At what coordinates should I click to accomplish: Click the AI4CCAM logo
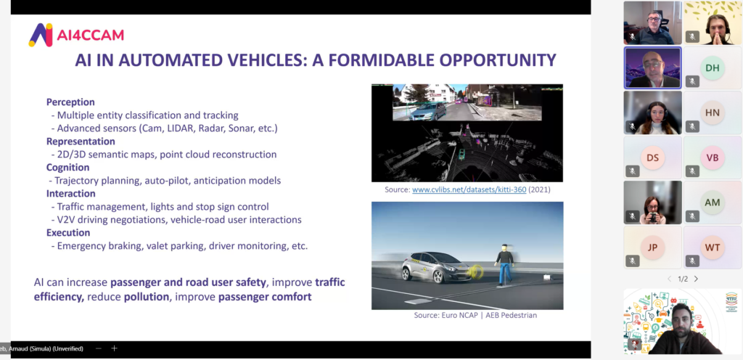point(75,35)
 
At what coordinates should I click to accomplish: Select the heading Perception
point(70,102)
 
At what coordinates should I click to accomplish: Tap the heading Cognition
point(67,167)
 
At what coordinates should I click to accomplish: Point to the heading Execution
point(68,232)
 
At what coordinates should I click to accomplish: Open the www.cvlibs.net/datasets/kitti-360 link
point(469,189)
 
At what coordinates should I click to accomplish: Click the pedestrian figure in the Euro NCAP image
point(504,264)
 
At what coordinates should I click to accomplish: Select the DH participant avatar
point(713,67)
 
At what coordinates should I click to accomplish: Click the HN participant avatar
point(713,112)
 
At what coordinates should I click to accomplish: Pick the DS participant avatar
point(652,157)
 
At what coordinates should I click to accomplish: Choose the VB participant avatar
point(713,157)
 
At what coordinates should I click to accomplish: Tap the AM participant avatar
point(713,202)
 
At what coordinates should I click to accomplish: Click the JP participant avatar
point(652,247)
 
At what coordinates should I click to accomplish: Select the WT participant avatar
point(713,247)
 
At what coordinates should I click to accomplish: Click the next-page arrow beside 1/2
point(696,279)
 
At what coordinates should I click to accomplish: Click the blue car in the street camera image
point(428,111)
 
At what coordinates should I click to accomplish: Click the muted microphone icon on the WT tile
point(692,261)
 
